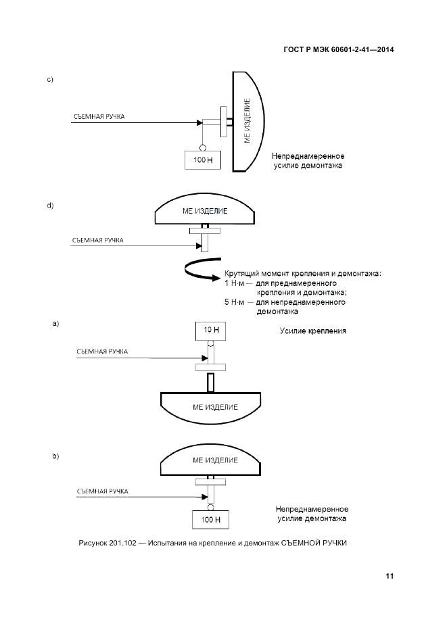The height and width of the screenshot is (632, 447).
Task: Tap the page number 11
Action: [x=389, y=577]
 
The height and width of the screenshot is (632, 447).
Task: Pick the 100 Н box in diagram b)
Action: [x=211, y=520]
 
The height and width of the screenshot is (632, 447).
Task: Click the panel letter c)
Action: [x=50, y=81]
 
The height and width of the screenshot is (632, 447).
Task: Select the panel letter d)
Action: [x=50, y=205]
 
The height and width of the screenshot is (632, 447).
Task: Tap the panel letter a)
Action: [x=56, y=324]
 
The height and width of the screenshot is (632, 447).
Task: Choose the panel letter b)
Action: [x=56, y=456]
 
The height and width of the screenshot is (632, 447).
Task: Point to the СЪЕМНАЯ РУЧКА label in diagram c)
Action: [x=99, y=116]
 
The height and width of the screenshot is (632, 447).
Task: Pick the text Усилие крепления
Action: [x=313, y=331]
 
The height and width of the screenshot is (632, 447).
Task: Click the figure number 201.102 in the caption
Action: [x=122, y=543]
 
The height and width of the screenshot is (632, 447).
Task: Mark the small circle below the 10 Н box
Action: [x=210, y=344]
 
